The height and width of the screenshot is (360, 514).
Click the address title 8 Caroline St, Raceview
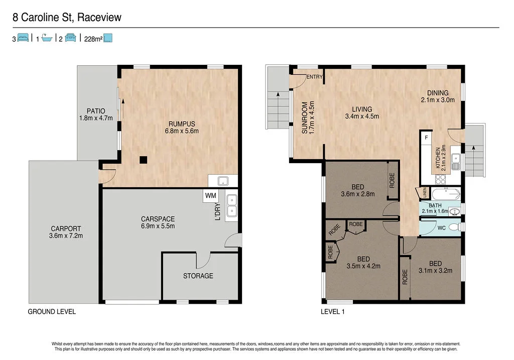coord(67,18)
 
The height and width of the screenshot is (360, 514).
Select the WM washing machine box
coord(210,195)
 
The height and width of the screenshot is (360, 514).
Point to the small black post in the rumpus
coord(143,160)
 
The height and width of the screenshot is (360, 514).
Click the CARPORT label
coord(66,228)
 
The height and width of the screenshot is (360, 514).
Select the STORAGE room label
coord(198,276)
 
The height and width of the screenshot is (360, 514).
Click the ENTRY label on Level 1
coord(314,77)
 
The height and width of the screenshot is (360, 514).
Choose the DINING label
coord(438,93)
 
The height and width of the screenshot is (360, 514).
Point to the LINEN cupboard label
coord(424,193)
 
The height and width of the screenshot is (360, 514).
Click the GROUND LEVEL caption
coord(52,312)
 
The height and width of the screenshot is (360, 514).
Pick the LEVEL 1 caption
coord(333,312)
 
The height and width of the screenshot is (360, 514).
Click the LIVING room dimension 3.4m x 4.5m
coord(361,116)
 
